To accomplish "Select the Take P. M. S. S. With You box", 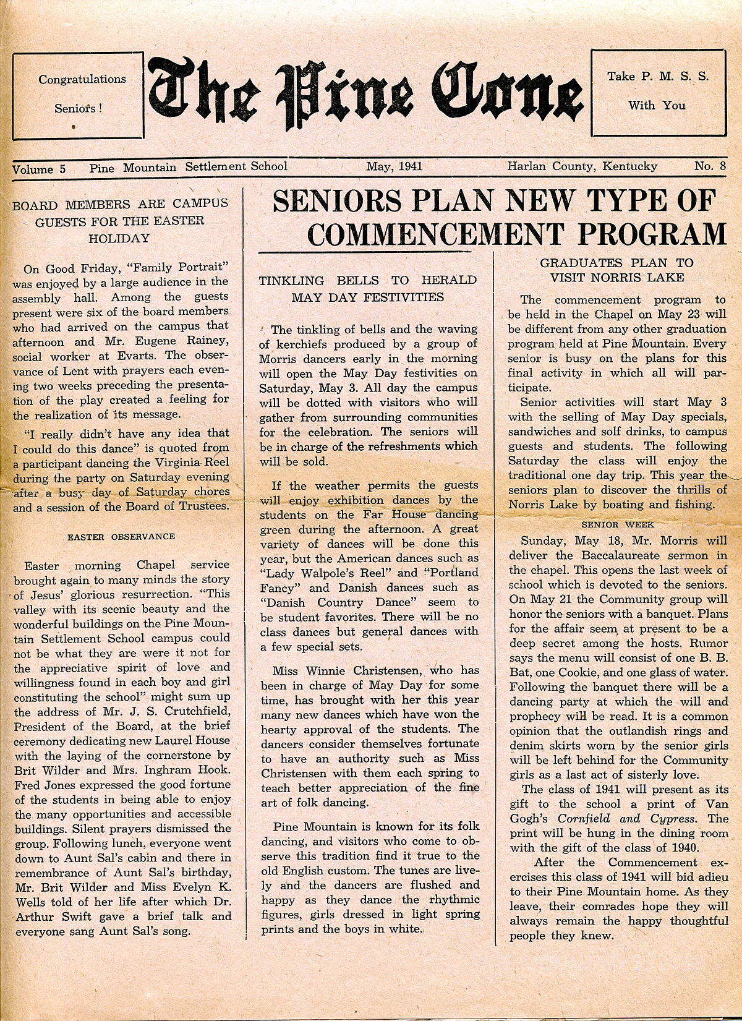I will point(657,91).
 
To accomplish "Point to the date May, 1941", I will point(393,166).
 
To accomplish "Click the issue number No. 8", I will point(710,166).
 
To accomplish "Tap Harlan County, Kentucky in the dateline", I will point(582,166).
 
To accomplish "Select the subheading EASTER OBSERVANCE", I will point(121,537).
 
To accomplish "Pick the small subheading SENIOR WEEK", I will point(618,524).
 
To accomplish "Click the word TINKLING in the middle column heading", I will point(291,281).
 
